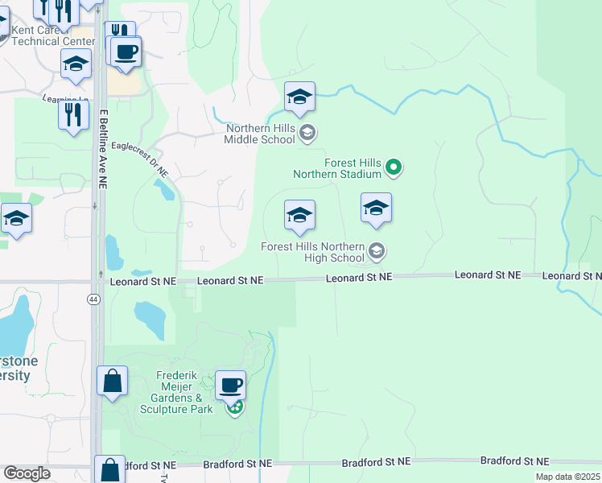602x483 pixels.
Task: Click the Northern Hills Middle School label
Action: pyautogui.click(x=260, y=133)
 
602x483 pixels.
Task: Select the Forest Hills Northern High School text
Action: pyautogui.click(x=313, y=252)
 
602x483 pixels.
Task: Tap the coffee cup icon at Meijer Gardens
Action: pyautogui.click(x=230, y=386)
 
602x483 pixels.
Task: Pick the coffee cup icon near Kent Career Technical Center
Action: pyautogui.click(x=126, y=52)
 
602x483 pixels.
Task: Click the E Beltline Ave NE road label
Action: pyautogui.click(x=103, y=149)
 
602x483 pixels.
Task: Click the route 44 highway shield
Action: pyautogui.click(x=95, y=299)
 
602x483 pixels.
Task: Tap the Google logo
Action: pyautogui.click(x=27, y=473)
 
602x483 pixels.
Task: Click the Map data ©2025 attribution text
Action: pyautogui.click(x=568, y=477)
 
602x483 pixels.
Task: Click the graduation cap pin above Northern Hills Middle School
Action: pyautogui.click(x=299, y=97)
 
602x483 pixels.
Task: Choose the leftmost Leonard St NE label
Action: pyautogui.click(x=142, y=281)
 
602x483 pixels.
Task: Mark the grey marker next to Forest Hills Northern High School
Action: pyautogui.click(x=376, y=252)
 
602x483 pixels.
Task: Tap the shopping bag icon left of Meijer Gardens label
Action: pyautogui.click(x=112, y=380)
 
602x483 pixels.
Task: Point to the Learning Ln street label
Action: pyautogui.click(x=64, y=99)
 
